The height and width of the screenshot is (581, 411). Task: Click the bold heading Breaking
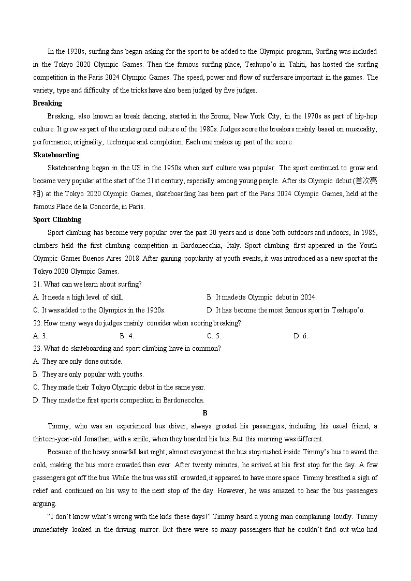tap(47, 103)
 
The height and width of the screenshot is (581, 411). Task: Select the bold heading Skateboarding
tap(56, 155)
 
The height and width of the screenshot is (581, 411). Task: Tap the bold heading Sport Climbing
tap(57, 219)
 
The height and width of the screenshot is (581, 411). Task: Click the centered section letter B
tap(205, 413)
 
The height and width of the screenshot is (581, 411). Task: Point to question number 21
tap(37, 284)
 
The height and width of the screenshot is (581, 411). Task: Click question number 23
tap(37, 349)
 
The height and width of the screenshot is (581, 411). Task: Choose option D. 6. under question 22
tap(301, 336)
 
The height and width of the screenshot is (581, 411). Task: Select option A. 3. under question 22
tap(40, 336)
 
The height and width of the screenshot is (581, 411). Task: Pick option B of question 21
tap(261, 297)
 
